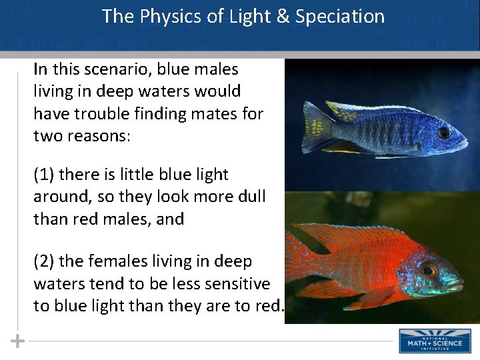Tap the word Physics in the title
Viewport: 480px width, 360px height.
pos(171,16)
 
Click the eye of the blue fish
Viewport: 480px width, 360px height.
pos(443,133)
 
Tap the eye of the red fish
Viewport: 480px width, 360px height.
pos(428,270)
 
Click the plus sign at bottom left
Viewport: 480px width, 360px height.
pos(17,341)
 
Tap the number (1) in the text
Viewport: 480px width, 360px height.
pos(45,175)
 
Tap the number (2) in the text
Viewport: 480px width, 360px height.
pos(45,262)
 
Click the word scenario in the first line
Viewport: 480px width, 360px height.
pos(112,69)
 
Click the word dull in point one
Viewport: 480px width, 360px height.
pos(251,197)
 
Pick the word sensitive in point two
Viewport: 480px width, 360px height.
pos(237,284)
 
